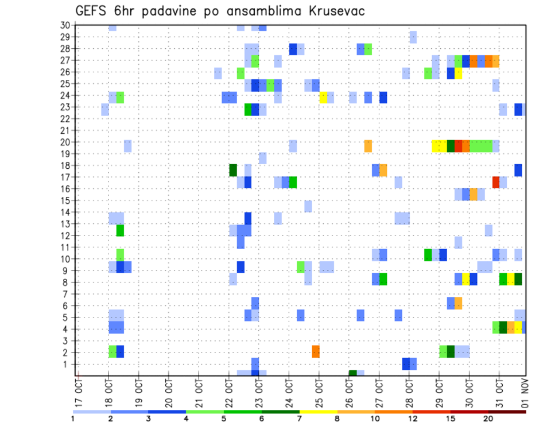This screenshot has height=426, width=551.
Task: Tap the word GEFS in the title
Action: point(94,11)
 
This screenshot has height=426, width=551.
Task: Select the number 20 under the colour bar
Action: point(488,419)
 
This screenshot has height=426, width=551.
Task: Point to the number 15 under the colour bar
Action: point(450,419)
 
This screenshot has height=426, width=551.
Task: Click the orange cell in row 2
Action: point(316,351)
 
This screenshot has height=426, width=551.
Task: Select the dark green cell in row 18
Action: point(233,170)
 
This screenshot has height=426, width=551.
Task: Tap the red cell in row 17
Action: point(496,182)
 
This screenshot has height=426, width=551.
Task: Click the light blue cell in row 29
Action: point(413,37)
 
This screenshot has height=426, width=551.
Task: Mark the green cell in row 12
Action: point(120,230)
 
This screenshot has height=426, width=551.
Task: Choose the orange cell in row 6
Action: point(458,303)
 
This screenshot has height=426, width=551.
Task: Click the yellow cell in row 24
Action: point(323,98)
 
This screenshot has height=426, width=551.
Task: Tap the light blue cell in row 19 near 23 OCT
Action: point(262,158)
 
